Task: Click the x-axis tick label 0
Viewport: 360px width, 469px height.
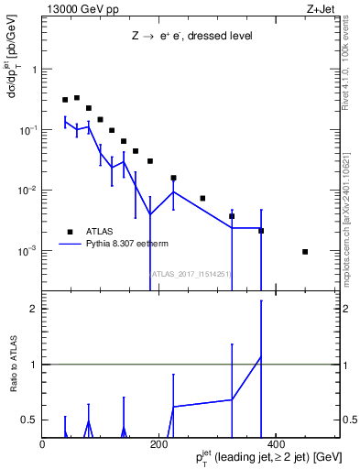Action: [43, 443]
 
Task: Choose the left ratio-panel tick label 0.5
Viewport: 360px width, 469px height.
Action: [30, 420]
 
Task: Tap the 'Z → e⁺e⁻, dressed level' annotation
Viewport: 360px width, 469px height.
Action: [191, 36]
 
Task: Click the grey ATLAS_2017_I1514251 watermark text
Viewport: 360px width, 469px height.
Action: [190, 273]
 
